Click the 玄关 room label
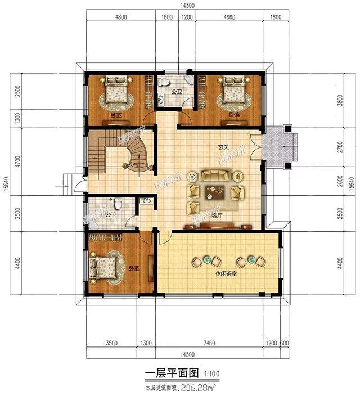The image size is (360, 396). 224,147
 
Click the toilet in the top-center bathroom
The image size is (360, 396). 164,83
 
